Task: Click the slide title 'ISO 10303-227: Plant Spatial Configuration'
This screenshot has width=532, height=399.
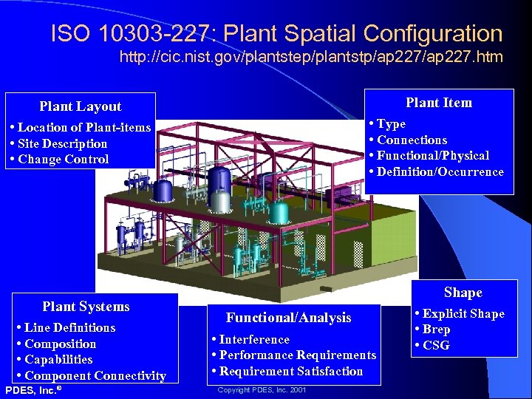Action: coord(276,33)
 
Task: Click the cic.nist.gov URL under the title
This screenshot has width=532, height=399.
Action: coord(311,57)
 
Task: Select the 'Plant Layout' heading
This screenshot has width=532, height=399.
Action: coord(80,106)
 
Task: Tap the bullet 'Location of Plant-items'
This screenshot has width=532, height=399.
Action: coord(83,128)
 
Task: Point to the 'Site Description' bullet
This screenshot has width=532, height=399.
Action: coord(62,143)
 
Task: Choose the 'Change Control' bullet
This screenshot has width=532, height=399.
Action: coord(63,159)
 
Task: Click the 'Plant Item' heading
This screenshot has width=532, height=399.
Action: coord(438,103)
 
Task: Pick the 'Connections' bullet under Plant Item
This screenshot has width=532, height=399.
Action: coord(412,140)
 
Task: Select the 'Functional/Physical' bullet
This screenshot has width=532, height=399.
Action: coord(432,155)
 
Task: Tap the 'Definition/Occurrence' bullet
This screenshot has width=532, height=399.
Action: coord(440,171)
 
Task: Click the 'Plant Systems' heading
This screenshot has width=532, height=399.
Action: coord(86,307)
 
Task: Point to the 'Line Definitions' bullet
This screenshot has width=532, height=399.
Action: coord(69,327)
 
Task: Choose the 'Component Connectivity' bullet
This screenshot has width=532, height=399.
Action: coord(95,375)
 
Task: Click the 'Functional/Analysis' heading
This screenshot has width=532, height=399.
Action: coord(288,318)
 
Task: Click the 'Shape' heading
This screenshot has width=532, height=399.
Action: coord(463,293)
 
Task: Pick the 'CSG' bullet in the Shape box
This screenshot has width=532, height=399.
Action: coord(436,345)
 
